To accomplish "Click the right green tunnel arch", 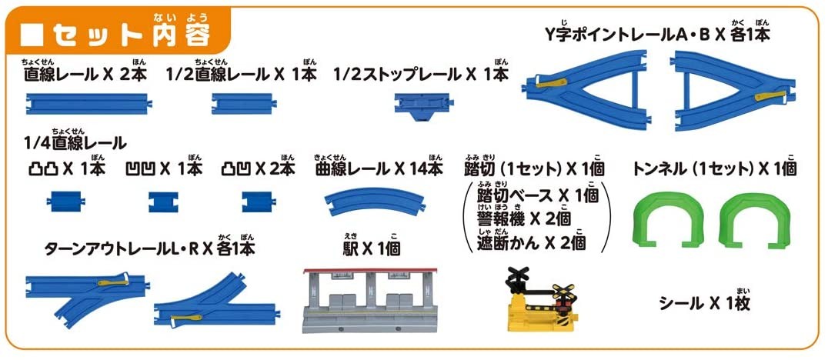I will point(748,219).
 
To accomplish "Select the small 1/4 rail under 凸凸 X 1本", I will point(61,202).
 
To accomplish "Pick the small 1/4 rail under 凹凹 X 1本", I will point(162,202).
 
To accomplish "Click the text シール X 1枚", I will point(704,303).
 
